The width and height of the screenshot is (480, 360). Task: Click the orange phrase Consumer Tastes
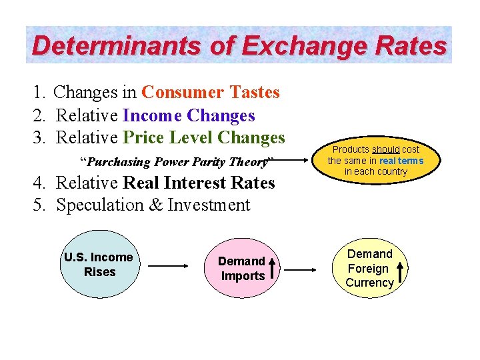coord(211,93)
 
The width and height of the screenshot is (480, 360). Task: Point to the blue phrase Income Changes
coord(189,115)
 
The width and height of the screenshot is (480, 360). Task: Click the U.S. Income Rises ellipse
coord(99,265)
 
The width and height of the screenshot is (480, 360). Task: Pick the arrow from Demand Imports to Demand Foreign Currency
coord(303,270)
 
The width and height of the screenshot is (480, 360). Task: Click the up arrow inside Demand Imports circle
coord(273,269)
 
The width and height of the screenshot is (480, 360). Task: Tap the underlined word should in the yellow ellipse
coord(386,150)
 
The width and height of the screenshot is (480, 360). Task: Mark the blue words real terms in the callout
coord(401,161)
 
